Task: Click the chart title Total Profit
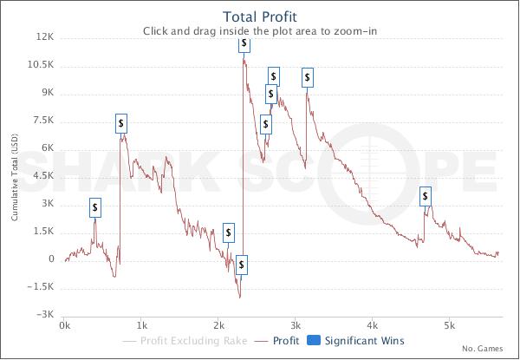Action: [x=259, y=16]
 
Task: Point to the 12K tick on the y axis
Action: [x=43, y=37]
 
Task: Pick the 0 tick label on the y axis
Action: [x=51, y=259]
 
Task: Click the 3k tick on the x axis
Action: [x=296, y=326]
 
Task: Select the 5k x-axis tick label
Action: [x=449, y=326]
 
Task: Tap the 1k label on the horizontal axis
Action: [x=141, y=326]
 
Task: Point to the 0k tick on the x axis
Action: [x=64, y=326]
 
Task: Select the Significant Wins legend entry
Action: [x=358, y=342]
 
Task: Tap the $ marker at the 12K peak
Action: [x=244, y=43]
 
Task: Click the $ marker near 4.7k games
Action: [x=426, y=197]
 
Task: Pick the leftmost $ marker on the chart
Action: [x=95, y=207]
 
